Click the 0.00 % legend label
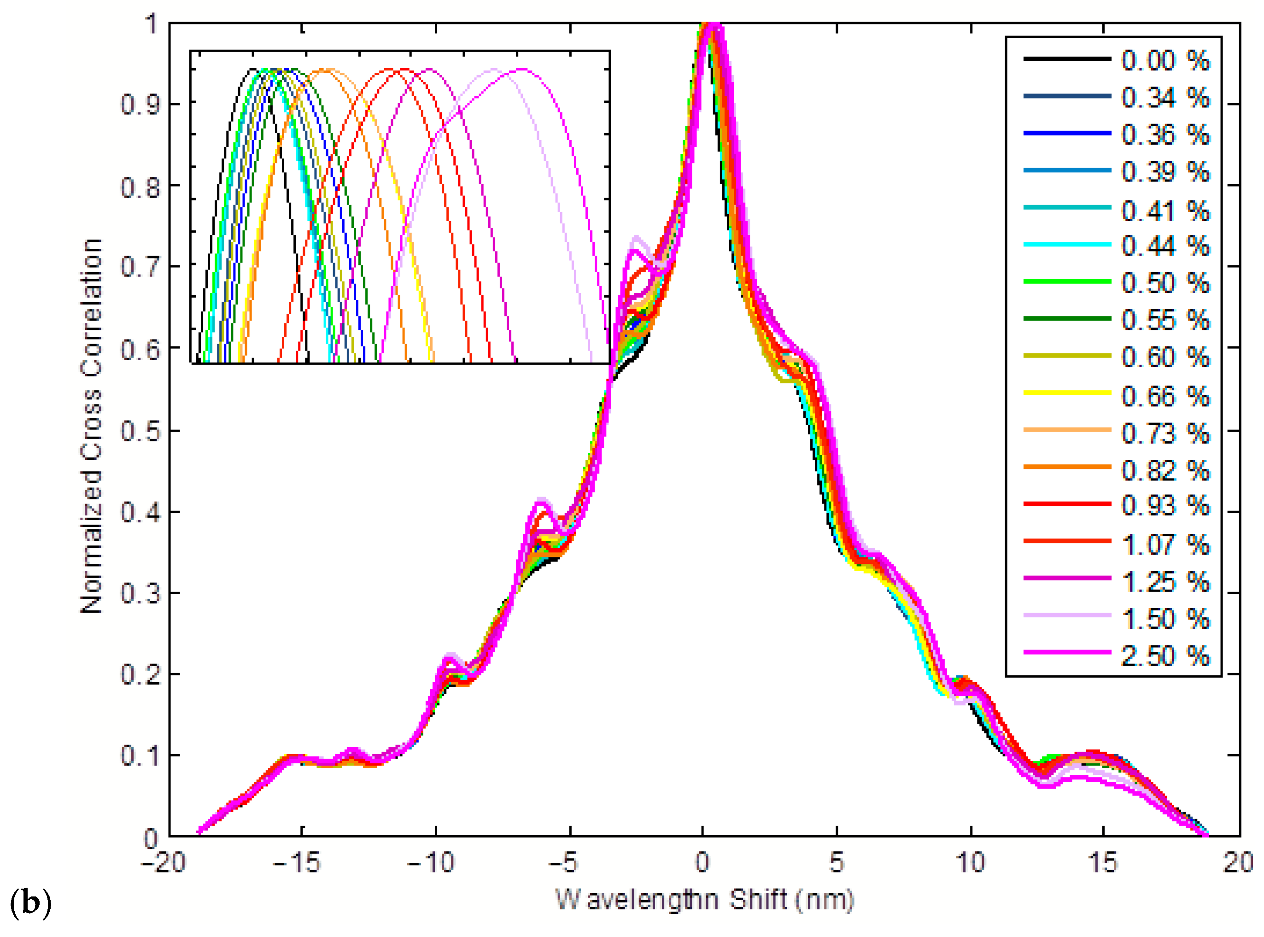tap(1165, 60)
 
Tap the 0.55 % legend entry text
tap(1165, 321)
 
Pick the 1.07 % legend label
tap(1165, 545)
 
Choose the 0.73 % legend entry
tap(1165, 433)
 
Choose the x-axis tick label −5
tap(564, 863)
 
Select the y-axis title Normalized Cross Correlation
tap(91, 425)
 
